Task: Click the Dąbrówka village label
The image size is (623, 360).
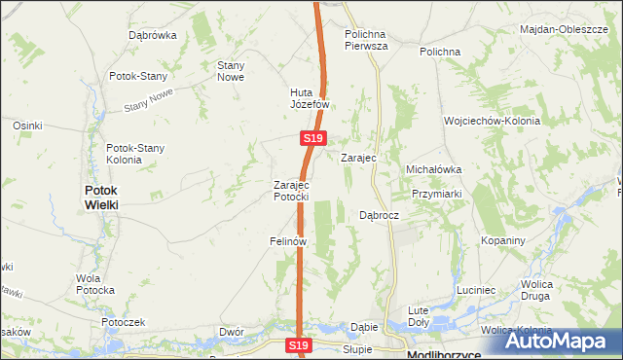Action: point(153,35)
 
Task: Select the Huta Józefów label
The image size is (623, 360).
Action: point(311,99)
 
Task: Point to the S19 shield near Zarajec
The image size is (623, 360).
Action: point(311,140)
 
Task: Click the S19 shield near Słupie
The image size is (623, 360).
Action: point(299,345)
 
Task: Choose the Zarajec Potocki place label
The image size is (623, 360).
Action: point(291,190)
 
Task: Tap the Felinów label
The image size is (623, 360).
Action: point(289,240)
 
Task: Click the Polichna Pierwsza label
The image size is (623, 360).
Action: point(367,39)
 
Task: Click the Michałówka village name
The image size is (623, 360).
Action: point(433,169)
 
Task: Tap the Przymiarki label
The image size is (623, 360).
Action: point(435,193)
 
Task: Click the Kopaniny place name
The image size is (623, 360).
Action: point(503,240)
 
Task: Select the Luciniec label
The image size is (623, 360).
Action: point(476,290)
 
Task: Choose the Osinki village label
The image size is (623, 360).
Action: point(27,126)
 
